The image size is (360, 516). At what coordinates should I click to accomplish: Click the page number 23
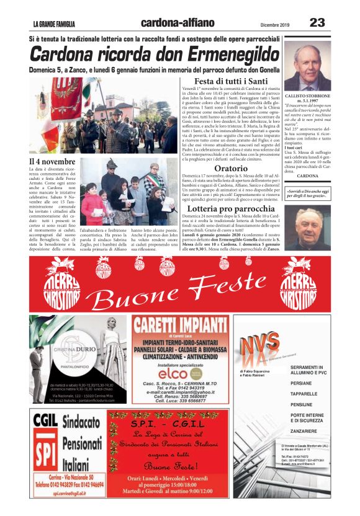click(317, 23)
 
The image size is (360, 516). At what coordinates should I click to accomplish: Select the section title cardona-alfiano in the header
click(178, 23)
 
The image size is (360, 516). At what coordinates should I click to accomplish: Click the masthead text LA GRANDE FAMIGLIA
click(55, 24)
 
